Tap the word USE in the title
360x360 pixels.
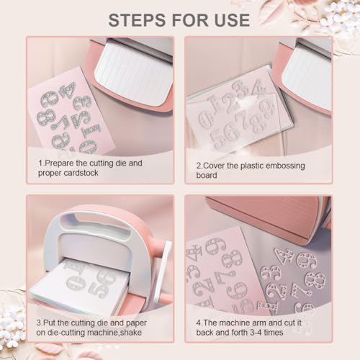(x=232, y=20)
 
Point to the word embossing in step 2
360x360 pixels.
(x=286, y=166)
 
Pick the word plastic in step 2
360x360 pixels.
(x=252, y=166)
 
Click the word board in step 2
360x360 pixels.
(x=207, y=175)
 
